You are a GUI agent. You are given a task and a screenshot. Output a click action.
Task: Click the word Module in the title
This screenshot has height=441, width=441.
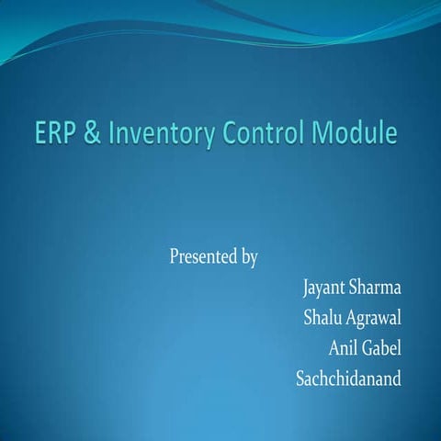pyautogui.click(x=356, y=135)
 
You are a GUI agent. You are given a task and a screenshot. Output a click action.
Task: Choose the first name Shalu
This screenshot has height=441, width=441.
pyautogui.click(x=324, y=319)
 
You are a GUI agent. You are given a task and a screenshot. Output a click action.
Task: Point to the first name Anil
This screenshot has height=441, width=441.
pyautogui.click(x=344, y=348)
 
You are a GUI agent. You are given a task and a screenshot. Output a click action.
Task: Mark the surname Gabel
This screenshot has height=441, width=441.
pyautogui.click(x=384, y=348)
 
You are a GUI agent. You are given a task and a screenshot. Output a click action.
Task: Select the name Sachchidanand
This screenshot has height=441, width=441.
pyautogui.click(x=348, y=378)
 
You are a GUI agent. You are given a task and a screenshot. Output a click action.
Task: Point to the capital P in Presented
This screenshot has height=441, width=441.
pyautogui.click(x=175, y=256)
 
